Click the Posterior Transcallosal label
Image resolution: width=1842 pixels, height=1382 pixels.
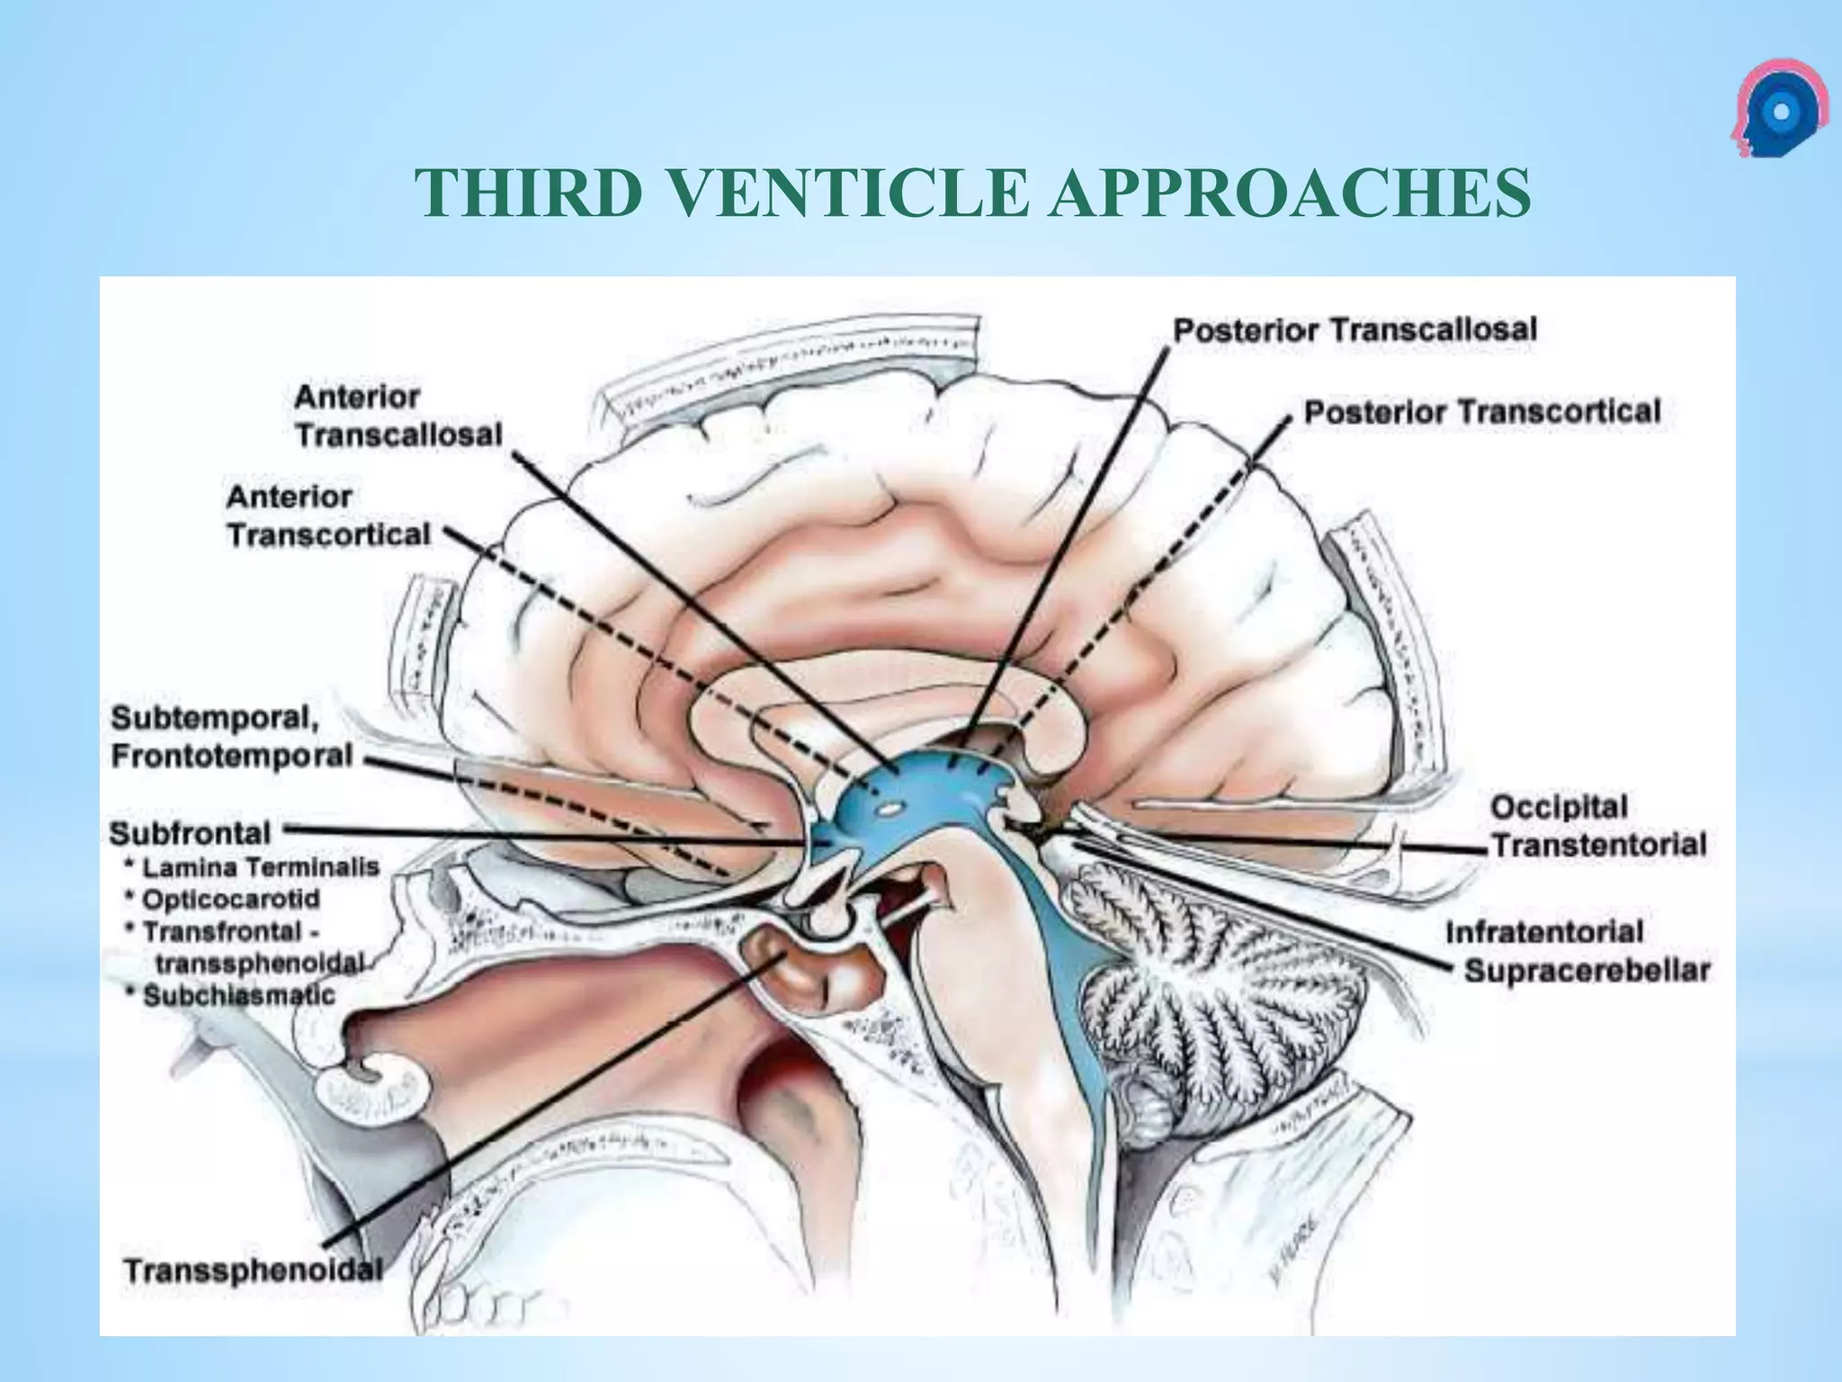pos(1355,330)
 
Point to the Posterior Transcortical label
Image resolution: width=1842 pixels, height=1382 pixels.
pos(1482,412)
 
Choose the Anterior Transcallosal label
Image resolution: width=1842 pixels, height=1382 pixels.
pos(398,416)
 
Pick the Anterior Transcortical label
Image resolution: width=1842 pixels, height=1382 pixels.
pos(328,516)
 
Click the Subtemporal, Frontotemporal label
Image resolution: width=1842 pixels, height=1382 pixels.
pos(231,737)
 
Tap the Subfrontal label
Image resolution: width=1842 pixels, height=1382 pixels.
pos(190,833)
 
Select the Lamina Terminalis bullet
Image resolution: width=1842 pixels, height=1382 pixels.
pos(260,867)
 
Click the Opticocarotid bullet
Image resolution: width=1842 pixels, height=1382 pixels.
pos(230,899)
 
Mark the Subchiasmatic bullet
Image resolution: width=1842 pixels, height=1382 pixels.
pos(238,995)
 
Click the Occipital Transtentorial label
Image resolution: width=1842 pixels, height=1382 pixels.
pos(1598,825)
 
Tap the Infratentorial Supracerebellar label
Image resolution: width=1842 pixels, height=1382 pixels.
pos(1577,951)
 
